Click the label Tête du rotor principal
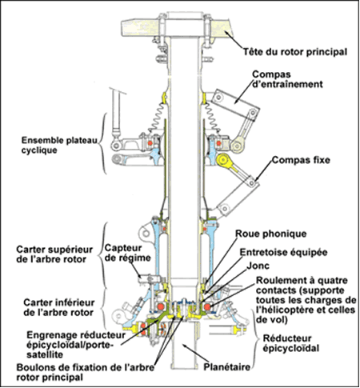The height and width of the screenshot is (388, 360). (x=295, y=51)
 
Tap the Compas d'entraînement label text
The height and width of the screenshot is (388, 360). (x=287, y=79)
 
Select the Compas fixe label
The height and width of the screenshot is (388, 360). (x=301, y=160)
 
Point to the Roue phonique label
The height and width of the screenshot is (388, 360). (x=271, y=234)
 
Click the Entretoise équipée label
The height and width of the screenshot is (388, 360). (x=284, y=252)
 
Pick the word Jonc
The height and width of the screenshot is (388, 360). (x=258, y=266)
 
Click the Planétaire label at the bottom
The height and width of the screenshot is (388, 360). (x=227, y=367)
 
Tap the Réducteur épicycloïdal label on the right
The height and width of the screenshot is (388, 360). (x=291, y=343)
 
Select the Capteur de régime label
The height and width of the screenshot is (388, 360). (x=127, y=253)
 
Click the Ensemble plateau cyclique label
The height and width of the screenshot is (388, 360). (x=59, y=145)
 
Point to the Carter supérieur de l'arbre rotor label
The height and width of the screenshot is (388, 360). (x=54, y=254)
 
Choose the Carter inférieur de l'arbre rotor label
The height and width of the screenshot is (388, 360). (x=59, y=307)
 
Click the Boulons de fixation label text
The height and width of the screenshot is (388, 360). (x=86, y=372)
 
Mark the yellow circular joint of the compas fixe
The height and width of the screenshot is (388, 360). (x=222, y=160)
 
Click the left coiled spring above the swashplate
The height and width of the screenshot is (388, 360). (x=158, y=117)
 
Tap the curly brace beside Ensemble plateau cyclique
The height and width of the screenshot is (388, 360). (x=102, y=143)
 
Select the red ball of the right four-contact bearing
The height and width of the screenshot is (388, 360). (x=207, y=307)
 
